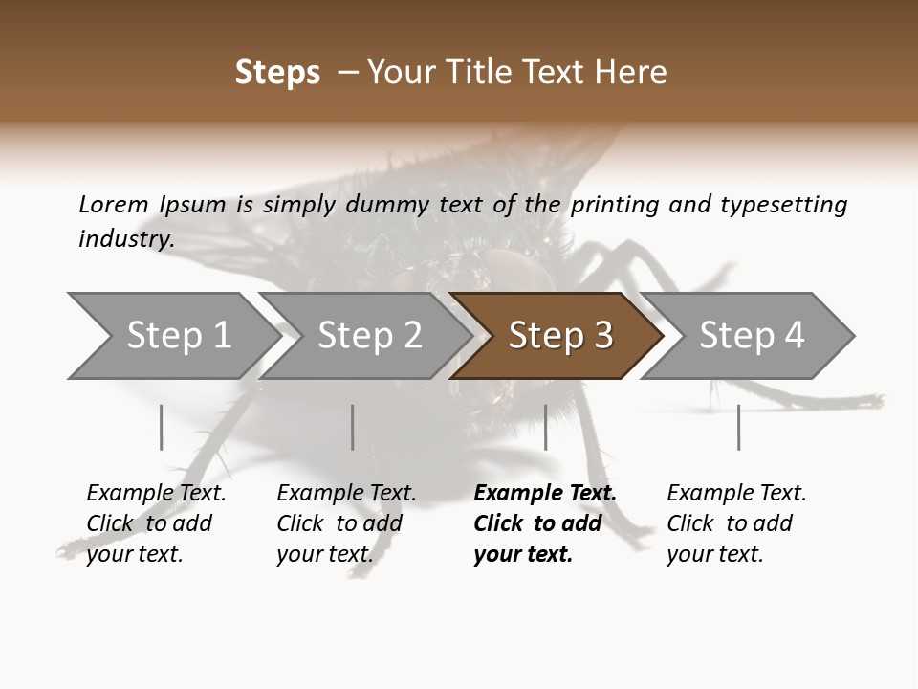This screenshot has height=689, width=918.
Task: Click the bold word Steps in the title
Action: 277,73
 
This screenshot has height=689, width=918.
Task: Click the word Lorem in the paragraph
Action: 114,204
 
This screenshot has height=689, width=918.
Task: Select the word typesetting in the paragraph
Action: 783,205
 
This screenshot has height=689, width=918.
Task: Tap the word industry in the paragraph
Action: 125,238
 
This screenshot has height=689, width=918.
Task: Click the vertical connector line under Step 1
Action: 162,427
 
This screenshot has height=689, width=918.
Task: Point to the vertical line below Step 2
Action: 353,427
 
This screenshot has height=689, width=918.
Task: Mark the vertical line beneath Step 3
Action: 545,427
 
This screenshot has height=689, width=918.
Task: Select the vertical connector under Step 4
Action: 738,427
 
